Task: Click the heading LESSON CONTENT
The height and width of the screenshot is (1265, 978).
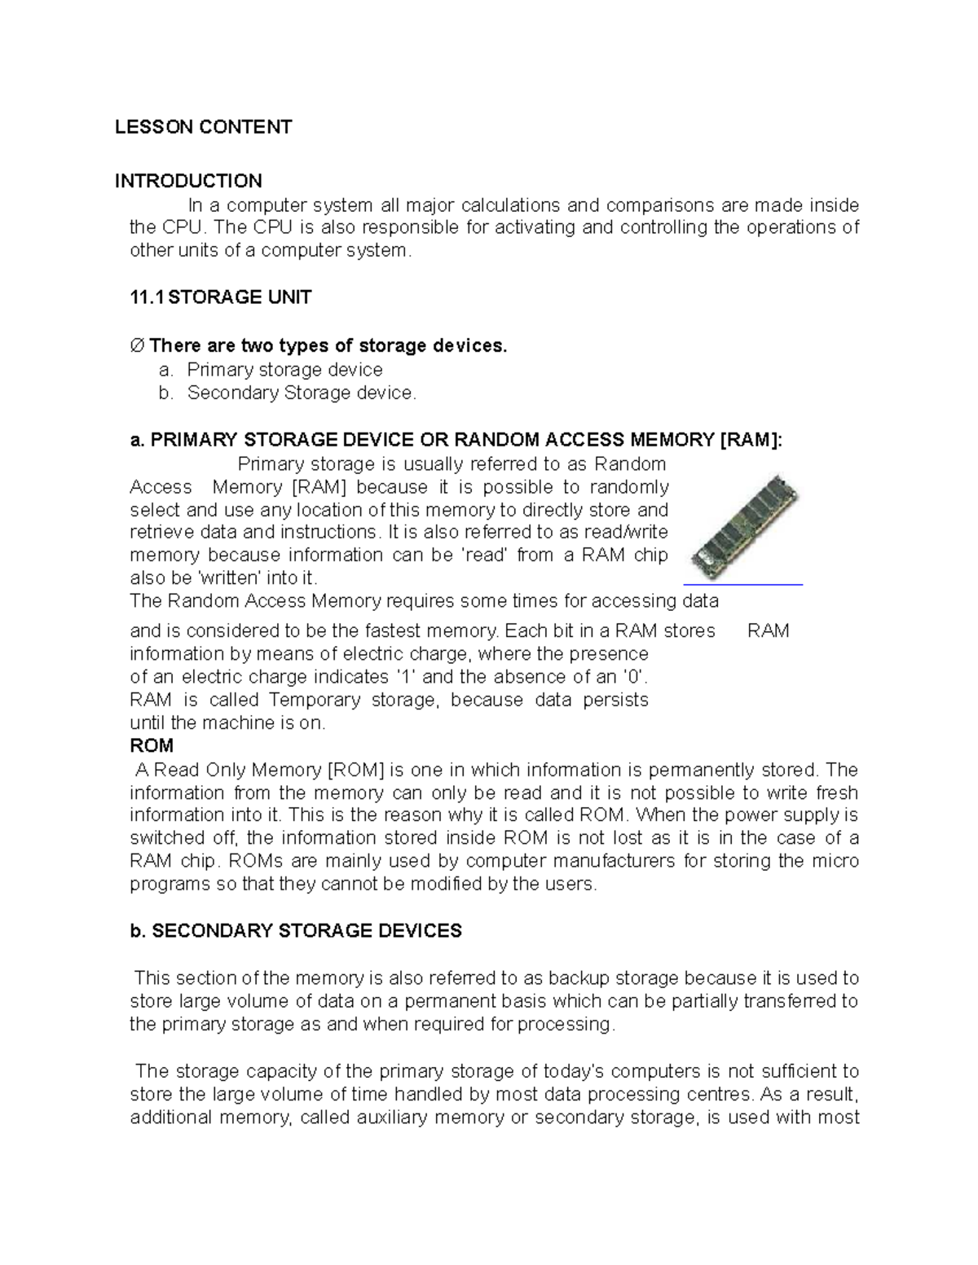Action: click(203, 127)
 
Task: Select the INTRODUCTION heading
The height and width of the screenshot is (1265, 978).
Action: click(188, 181)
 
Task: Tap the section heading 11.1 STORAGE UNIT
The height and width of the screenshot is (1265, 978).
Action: click(221, 297)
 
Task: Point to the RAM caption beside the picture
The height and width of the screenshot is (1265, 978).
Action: click(768, 631)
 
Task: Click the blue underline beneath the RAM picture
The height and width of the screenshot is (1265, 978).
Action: click(742, 584)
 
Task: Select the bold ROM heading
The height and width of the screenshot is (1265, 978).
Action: click(152, 746)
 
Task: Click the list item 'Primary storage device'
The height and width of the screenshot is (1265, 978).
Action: click(284, 370)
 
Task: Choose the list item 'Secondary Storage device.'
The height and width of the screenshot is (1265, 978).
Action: click(302, 393)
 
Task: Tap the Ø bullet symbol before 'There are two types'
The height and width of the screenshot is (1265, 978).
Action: click(137, 346)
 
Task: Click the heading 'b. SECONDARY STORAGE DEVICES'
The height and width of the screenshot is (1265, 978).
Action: click(296, 931)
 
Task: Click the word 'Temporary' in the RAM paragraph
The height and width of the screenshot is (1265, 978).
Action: click(315, 701)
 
